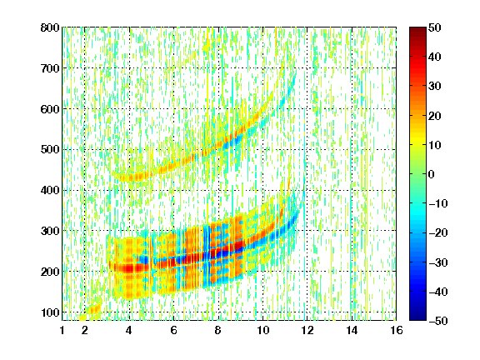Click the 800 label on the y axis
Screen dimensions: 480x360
50,27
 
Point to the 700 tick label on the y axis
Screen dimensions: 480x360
50,68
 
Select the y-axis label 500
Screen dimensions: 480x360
50,150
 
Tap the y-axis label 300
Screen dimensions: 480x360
50,231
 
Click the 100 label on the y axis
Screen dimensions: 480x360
50,312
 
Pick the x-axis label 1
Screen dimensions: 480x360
62,330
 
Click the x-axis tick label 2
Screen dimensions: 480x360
85,330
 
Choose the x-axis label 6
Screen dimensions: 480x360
174,330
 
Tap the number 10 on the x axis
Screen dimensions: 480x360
262,330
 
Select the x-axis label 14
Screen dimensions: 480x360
352,330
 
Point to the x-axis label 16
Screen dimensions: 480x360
396,330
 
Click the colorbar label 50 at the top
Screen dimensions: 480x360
435,27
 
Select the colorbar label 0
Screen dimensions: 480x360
432,174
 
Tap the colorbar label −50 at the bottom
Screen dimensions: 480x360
438,321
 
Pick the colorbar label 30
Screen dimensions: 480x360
435,87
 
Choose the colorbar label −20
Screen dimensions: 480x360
438,233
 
